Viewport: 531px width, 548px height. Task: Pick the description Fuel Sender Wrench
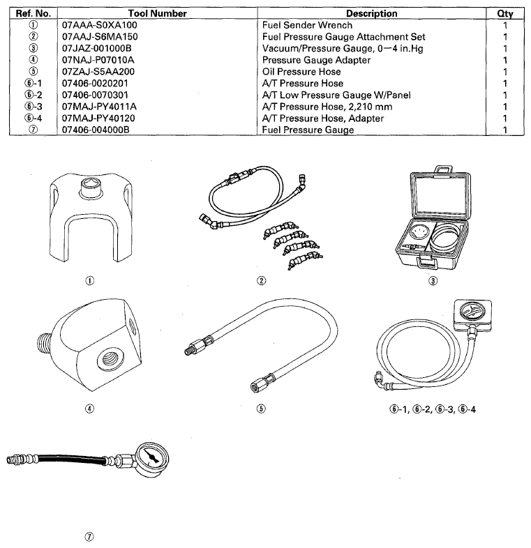[307, 25]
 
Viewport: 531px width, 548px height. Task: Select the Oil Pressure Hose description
[301, 72]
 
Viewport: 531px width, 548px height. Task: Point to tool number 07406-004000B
[95, 130]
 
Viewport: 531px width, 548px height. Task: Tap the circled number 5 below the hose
[260, 409]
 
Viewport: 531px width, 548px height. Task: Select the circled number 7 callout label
[88, 536]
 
